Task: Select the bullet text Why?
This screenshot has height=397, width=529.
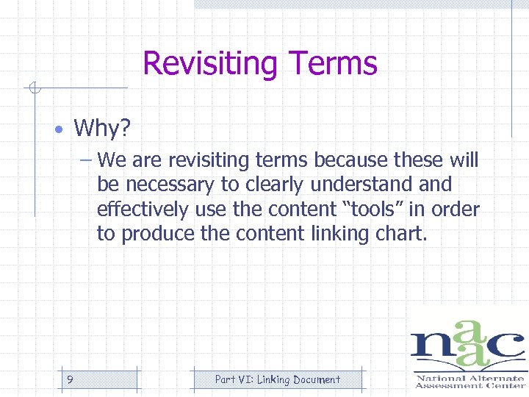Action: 102,129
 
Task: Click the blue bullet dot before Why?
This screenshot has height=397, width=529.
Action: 57,130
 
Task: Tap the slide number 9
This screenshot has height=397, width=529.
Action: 69,380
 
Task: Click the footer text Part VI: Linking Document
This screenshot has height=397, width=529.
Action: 278,380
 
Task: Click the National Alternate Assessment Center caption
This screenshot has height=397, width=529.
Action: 469,382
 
